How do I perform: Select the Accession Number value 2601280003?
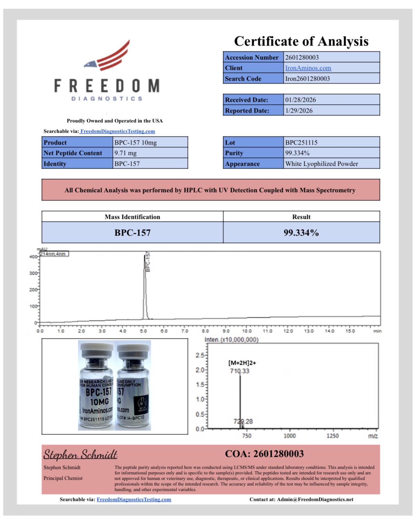pos(302,57)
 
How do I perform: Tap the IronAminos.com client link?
pos(308,68)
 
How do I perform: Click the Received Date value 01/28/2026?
pos(300,100)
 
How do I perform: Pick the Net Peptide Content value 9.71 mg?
pos(125,153)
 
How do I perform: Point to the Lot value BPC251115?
pos(301,142)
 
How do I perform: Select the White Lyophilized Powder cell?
pos(321,164)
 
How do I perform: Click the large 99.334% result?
pos(301,233)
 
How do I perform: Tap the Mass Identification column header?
pos(132,217)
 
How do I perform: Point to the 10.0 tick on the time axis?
pos(247,331)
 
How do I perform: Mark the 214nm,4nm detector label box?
pos(54,254)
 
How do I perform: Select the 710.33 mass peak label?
pos(239,371)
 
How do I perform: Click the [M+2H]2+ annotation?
pos(242,363)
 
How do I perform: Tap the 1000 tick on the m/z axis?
pos(289,436)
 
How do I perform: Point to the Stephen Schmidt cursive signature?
pos(80,454)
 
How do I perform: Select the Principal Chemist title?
pos(63,478)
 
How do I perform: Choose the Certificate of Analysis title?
pos(301,41)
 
